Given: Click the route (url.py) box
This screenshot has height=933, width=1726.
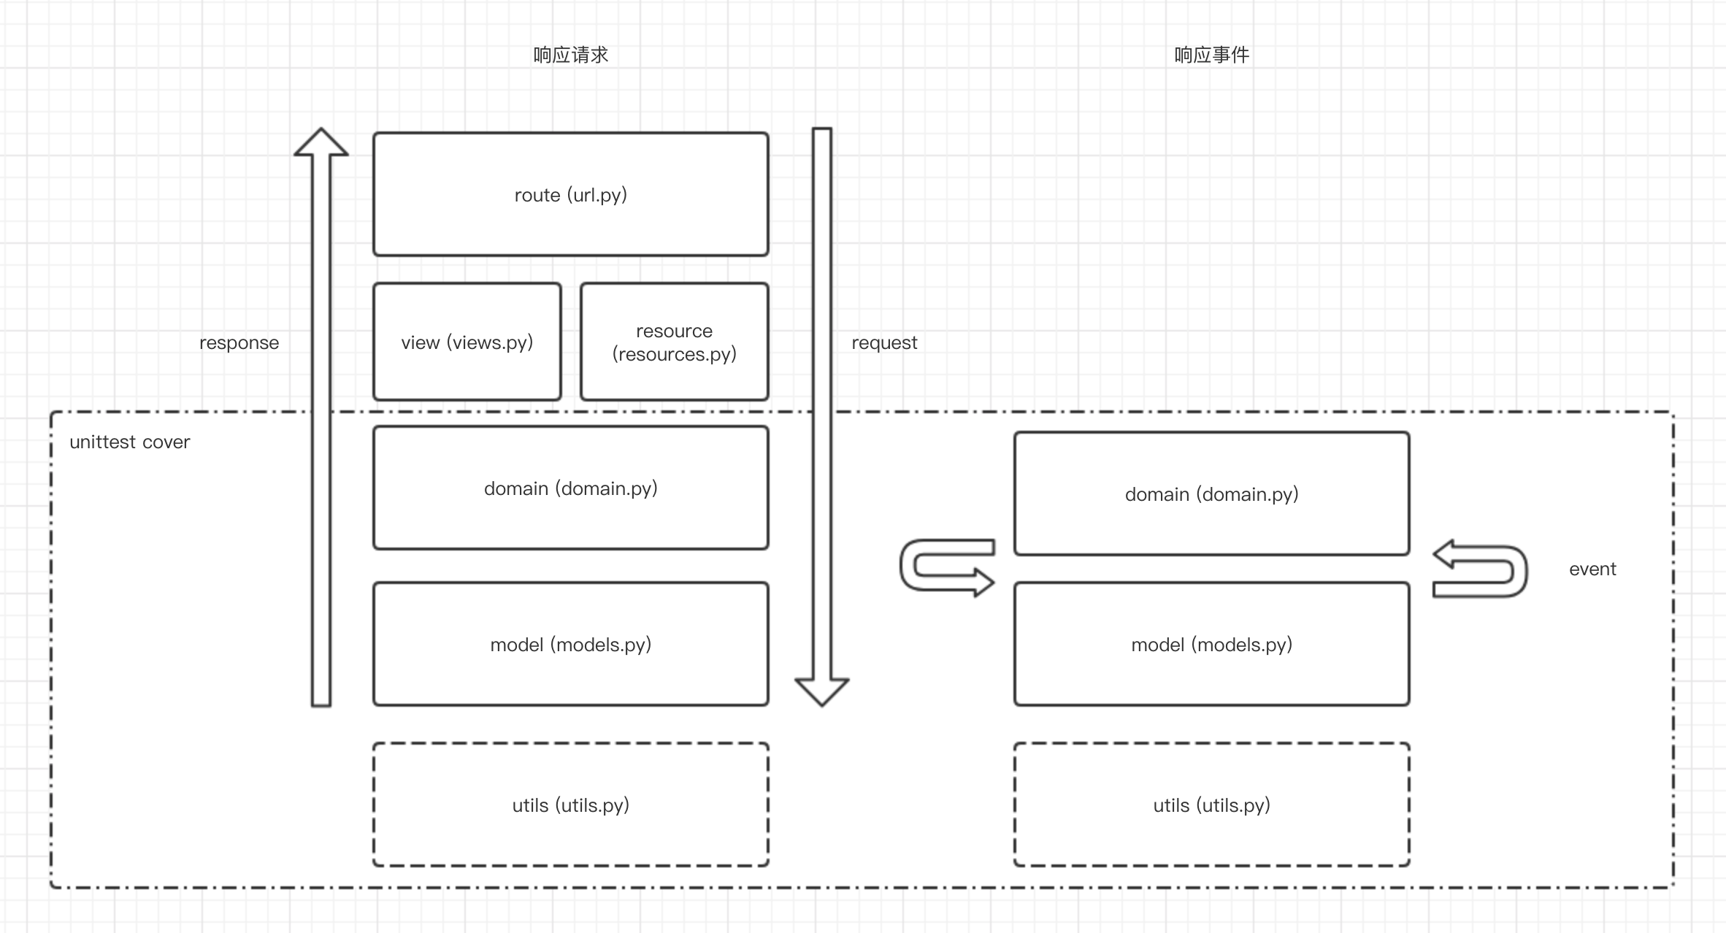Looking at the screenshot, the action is [x=570, y=194].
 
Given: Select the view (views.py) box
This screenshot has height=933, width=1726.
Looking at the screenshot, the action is [x=467, y=342].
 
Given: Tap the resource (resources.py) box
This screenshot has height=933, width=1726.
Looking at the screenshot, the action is [x=675, y=342].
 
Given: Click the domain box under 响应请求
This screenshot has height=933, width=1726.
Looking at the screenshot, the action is [x=570, y=488].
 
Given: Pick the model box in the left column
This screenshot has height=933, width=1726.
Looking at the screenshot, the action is [x=570, y=644].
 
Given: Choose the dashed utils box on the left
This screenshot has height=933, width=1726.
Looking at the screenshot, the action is [x=570, y=805].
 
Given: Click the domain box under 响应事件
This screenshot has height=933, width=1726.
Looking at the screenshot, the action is [x=1211, y=494].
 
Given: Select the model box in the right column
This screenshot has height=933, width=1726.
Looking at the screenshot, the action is [x=1211, y=644].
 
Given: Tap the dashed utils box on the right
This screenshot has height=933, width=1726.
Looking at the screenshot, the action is [x=1211, y=805].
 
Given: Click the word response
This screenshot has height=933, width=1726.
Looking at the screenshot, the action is [x=239, y=343].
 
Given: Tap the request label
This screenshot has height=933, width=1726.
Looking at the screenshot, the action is [x=884, y=343].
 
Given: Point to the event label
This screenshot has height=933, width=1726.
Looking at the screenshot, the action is [x=1592, y=569].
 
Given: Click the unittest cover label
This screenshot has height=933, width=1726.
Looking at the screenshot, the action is [x=129, y=442].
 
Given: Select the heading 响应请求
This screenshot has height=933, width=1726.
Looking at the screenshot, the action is [x=570, y=55].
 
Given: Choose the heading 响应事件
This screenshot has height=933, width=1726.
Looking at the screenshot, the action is [x=1211, y=55].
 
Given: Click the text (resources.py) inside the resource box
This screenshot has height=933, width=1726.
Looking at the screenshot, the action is [x=675, y=354].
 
